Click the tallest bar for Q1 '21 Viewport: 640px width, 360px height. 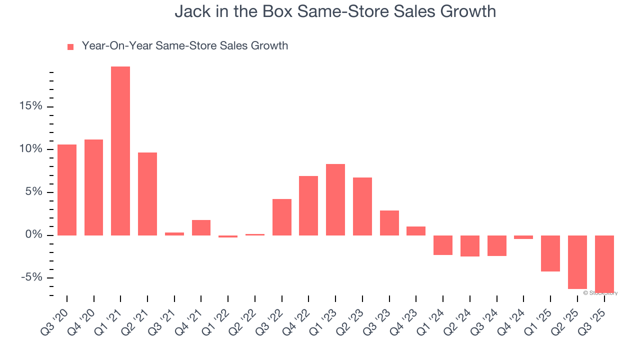coord(120,150)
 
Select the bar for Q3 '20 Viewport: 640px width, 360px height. coord(67,190)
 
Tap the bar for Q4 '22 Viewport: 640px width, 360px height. coord(308,205)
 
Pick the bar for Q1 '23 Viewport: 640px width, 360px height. coord(335,199)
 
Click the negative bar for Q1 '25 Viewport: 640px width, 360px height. coord(550,253)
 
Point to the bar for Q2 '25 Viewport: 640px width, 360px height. coord(577,262)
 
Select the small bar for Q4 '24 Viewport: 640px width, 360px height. coord(523,237)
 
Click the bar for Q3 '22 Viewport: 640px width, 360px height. coord(282,217)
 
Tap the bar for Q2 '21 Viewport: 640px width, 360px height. coord(147,194)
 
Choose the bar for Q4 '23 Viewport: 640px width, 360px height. coord(416,231)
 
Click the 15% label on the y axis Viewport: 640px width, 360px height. coord(31,106)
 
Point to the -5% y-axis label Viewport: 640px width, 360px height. coord(31,277)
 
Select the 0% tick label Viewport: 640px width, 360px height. coord(34,235)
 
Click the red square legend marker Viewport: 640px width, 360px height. coord(70,47)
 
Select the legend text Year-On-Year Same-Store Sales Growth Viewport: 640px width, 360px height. coord(184,46)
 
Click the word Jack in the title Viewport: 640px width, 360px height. coord(189,11)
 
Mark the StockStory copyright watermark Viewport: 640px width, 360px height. coord(600,293)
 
